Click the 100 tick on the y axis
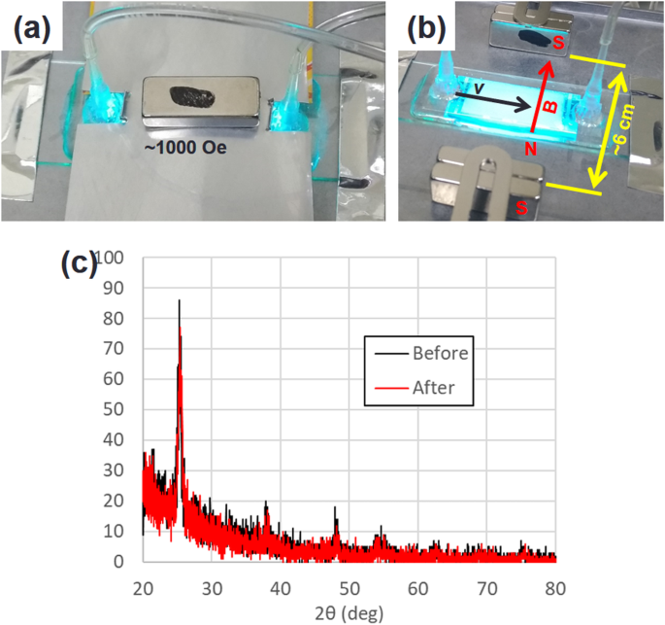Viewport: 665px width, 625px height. click(x=114, y=258)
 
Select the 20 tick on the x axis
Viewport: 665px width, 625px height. click(x=143, y=588)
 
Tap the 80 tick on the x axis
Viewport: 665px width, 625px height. click(x=555, y=588)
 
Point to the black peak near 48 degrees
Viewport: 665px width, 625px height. click(x=335, y=508)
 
